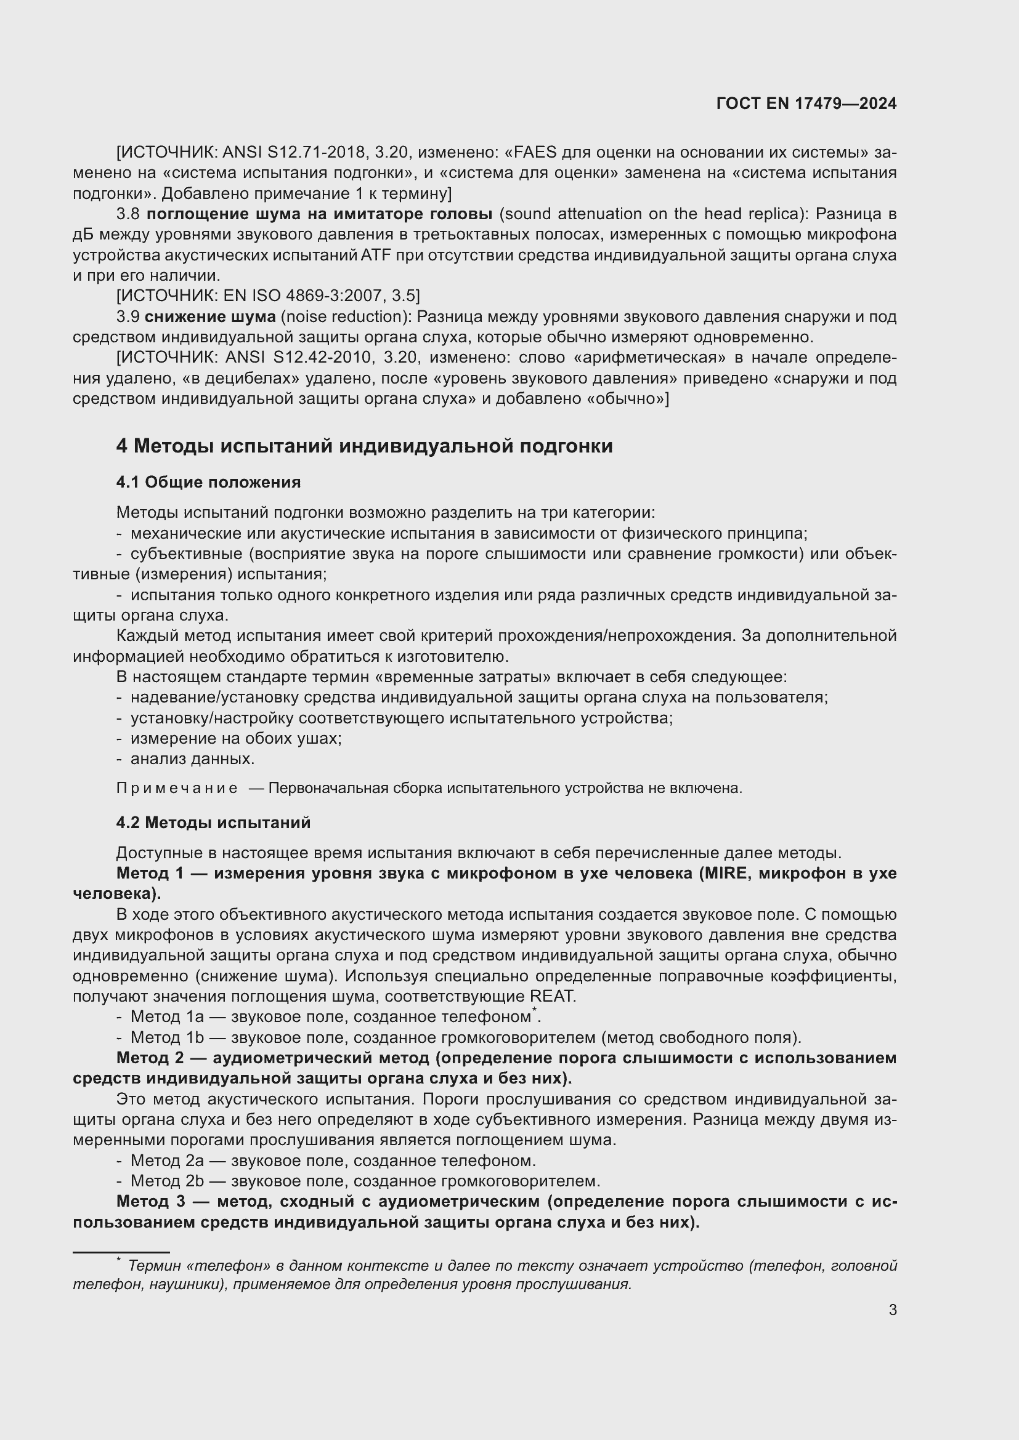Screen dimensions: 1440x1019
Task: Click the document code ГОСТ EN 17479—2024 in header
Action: tap(806, 104)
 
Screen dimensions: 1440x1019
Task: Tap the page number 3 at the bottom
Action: tap(892, 1309)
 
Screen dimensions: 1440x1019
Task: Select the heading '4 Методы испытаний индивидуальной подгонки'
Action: tap(364, 446)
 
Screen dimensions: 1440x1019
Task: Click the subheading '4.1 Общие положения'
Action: tap(208, 482)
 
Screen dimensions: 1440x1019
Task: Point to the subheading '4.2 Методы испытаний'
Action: tap(213, 823)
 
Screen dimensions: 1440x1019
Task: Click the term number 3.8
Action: tap(128, 214)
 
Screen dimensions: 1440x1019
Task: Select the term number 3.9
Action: tap(128, 316)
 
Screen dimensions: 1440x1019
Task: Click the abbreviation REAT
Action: tap(552, 997)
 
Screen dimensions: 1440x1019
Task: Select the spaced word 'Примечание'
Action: tap(177, 789)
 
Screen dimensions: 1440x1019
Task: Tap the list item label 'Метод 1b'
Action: tap(167, 1038)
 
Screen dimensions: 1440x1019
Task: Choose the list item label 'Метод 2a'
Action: tap(167, 1161)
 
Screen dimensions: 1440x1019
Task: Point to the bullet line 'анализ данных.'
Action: tap(192, 759)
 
